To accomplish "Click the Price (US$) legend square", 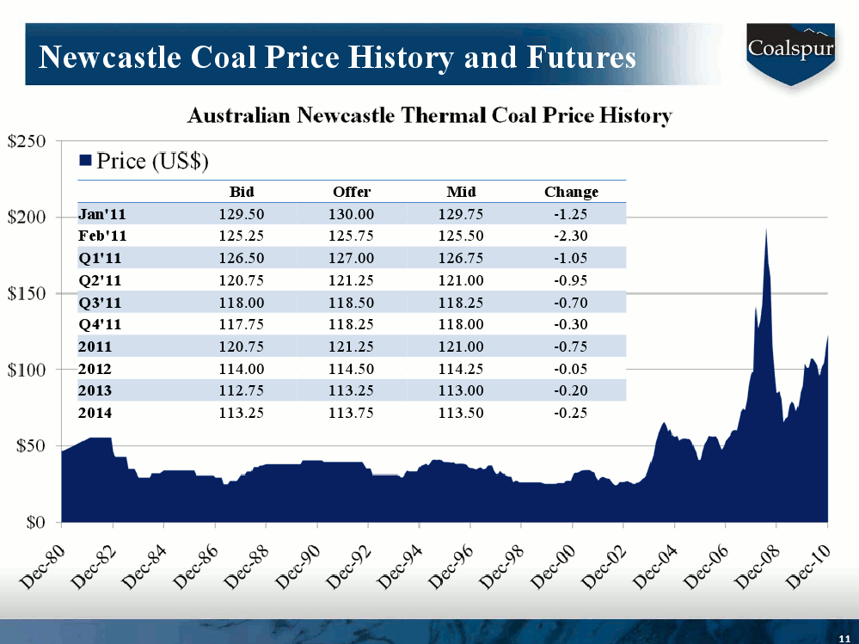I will click(85, 160).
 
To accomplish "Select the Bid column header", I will click(242, 192).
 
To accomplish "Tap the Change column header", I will click(571, 192).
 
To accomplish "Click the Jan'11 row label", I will click(102, 214).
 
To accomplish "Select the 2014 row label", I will click(95, 413).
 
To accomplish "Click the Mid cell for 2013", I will click(461, 391).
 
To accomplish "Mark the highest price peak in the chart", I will click(765, 230).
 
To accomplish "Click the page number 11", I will click(844, 635).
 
